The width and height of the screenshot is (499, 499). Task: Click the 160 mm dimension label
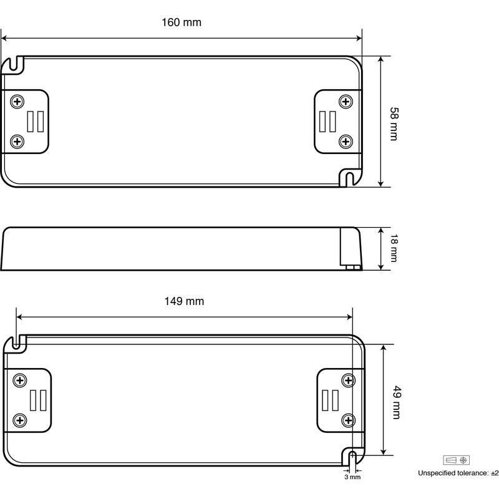[182, 22]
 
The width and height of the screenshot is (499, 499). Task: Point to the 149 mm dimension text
[184, 301]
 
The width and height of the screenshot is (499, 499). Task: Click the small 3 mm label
[352, 477]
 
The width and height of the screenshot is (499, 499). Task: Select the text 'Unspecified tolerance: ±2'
[458, 473]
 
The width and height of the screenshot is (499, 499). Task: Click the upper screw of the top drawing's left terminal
[17, 102]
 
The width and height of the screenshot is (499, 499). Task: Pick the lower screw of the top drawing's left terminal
[17, 141]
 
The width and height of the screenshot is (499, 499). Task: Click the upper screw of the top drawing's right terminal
[345, 102]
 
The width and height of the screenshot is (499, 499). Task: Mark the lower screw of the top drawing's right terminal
[345, 141]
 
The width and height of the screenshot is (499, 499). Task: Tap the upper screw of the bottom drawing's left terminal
[21, 380]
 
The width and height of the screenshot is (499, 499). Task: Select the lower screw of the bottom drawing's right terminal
[348, 420]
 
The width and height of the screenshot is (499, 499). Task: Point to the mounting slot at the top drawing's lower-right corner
[349, 178]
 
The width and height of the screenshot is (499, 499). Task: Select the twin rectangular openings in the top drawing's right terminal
[327, 121]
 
